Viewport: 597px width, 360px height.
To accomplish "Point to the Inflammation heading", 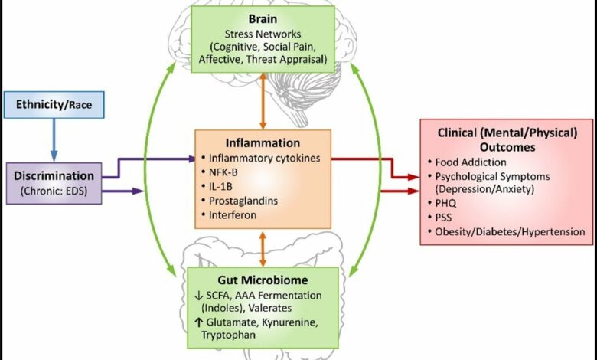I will click(x=263, y=143).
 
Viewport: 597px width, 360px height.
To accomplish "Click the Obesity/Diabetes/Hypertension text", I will click(x=510, y=231).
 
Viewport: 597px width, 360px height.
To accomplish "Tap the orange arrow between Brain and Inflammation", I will click(x=263, y=100).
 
